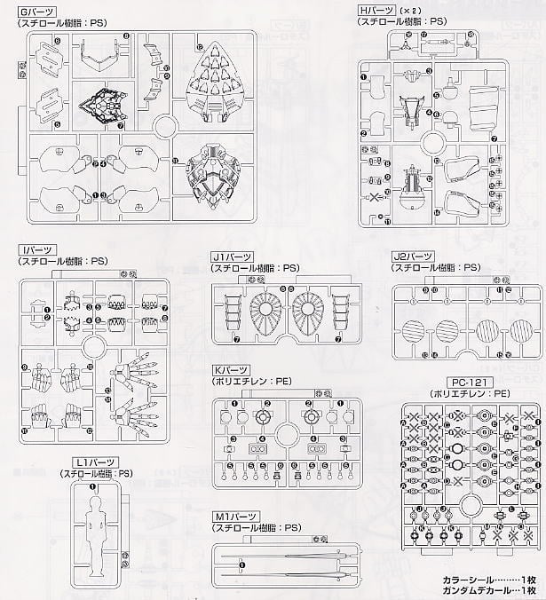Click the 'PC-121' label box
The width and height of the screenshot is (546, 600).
pos(450,381)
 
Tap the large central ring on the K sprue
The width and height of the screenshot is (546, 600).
pos(285,434)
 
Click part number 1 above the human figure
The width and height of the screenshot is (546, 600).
pos(91,486)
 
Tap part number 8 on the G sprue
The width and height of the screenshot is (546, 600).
pos(126,35)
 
